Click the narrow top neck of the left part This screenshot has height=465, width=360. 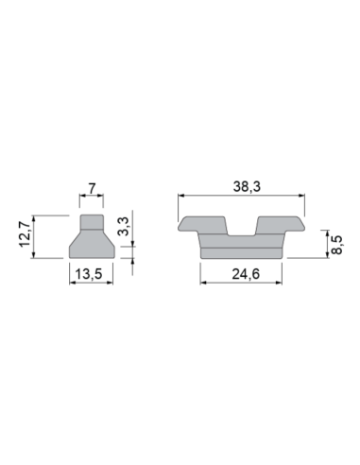pos(91,223)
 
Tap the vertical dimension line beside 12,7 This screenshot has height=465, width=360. pos(35,236)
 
